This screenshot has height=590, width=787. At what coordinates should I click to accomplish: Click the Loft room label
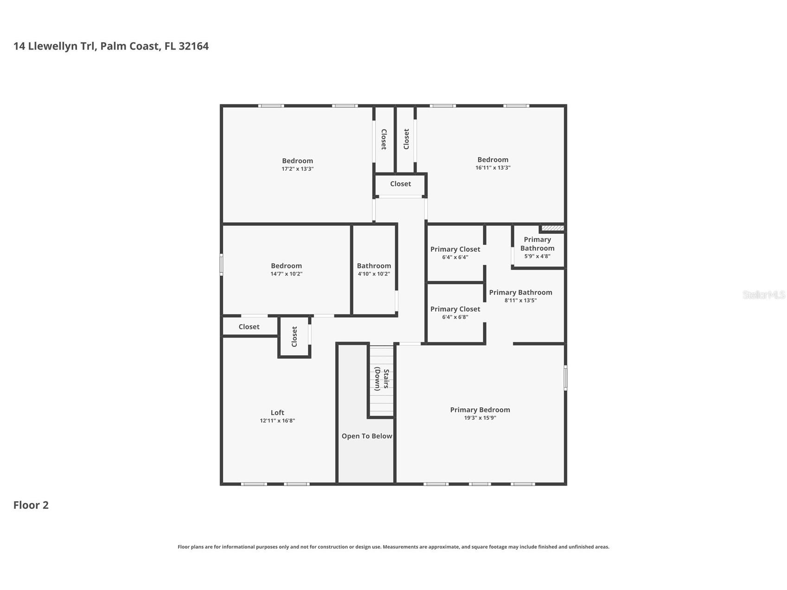tap(277, 412)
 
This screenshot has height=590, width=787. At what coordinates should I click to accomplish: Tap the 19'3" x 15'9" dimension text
tap(480, 418)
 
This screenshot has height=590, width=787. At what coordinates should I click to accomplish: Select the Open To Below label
tap(367, 436)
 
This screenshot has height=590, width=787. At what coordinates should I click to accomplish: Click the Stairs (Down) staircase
tap(382, 380)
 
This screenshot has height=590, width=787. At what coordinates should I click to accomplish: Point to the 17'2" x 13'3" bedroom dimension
tap(298, 169)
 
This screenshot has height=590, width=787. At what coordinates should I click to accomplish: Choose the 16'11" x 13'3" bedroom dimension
tap(493, 167)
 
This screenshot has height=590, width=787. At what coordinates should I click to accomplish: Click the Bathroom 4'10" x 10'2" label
tap(374, 269)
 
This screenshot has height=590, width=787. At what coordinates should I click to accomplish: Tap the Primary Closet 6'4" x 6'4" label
tap(455, 253)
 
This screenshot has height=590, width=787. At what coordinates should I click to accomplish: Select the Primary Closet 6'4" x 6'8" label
tap(455, 313)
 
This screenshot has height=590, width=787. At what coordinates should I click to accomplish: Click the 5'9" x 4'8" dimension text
tap(537, 256)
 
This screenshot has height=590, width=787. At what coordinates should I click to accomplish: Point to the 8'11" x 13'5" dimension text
tap(521, 301)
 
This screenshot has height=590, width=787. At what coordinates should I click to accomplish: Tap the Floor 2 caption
tap(31, 505)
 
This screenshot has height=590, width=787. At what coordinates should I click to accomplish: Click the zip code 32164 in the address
tap(193, 46)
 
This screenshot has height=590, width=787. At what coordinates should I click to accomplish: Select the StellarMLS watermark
tap(764, 295)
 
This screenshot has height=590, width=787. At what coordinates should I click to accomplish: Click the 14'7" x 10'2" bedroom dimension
tap(287, 274)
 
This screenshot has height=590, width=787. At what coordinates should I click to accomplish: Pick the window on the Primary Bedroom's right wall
tap(565, 378)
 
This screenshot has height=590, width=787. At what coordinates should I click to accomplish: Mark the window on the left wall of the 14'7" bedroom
tap(222, 264)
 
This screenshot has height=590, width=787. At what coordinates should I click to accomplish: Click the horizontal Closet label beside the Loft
tap(249, 327)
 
